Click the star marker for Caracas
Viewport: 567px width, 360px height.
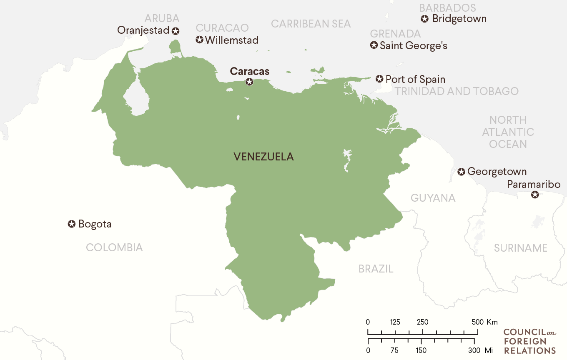[249, 82]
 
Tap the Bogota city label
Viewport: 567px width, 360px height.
[95, 224]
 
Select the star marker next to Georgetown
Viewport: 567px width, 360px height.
[461, 172]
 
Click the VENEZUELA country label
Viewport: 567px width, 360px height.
[263, 157]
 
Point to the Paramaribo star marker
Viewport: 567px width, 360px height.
[535, 195]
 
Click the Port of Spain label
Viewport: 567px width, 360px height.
[415, 79]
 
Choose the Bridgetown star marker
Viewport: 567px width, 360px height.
[425, 19]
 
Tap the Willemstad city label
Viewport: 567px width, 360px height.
[232, 40]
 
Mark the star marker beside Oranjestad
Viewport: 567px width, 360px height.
[176, 30]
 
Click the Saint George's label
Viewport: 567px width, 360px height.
[413, 45]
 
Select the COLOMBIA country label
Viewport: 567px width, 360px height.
[114, 247]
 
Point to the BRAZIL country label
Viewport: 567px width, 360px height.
[376, 269]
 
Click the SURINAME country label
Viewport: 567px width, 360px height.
[520, 248]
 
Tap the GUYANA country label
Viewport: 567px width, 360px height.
[433, 198]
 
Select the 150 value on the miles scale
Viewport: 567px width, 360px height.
[421, 350]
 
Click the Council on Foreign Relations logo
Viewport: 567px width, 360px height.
[529, 341]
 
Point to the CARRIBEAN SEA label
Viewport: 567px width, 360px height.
[311, 24]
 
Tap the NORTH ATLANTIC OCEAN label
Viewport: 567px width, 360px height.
[508, 132]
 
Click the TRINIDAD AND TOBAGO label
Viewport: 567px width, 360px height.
[457, 91]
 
